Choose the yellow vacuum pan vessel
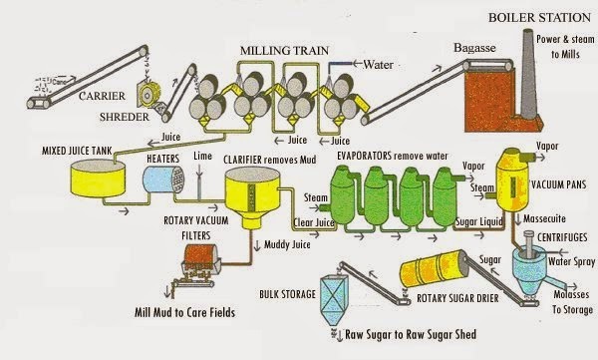pyautogui.click(x=517, y=176)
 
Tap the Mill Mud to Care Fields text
pyautogui.click(x=185, y=311)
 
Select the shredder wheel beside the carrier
pyautogui.click(x=150, y=97)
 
